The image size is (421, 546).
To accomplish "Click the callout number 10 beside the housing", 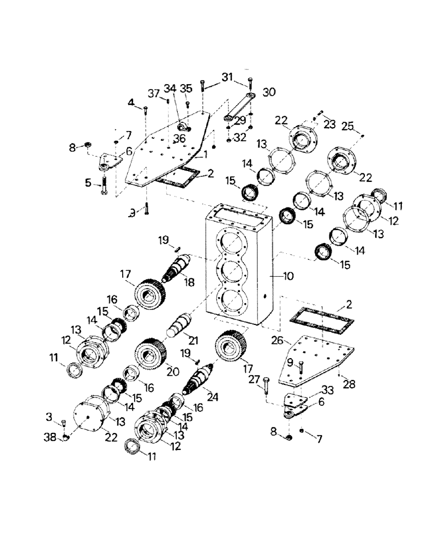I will pos(287,277).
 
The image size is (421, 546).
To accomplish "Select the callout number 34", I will pos(171,88).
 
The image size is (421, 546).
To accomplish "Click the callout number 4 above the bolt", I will pos(131,102).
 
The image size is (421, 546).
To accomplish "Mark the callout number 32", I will pos(240,139).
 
